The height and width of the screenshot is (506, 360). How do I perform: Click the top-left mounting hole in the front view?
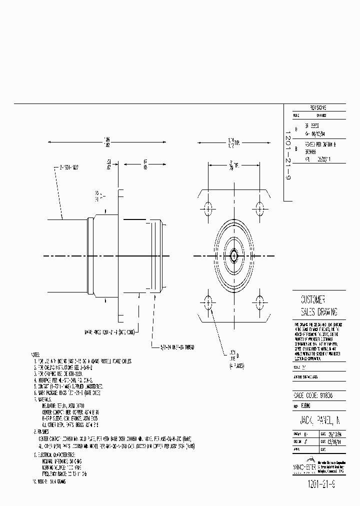tap(208, 208)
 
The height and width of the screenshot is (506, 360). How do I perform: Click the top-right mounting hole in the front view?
tap(259, 208)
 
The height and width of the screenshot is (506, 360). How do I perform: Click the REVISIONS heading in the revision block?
tap(318, 107)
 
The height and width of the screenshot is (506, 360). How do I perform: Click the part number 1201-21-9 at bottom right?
tap(318, 484)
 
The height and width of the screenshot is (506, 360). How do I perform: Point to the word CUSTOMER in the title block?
tap(313, 299)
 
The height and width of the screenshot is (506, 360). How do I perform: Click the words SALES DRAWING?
tap(318, 312)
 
